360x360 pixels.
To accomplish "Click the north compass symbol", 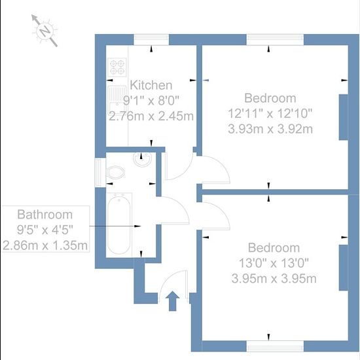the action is pos(45,31).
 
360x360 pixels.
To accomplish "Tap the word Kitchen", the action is pos(151,85).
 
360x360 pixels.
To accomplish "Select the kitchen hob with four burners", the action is pos(117,67).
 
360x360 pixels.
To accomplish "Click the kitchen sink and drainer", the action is pos(117,100).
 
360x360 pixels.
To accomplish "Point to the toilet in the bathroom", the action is pos(115,172).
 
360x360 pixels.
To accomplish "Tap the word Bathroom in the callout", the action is pos(45,215).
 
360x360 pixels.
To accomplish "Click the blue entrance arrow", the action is pos(172,301).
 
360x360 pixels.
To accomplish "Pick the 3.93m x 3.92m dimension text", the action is pos(270,129).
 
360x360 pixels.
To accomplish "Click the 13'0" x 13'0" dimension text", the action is pos(274,263).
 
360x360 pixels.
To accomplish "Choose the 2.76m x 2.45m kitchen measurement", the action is pos(151,116).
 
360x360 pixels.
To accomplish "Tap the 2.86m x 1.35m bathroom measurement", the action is pos(45,245).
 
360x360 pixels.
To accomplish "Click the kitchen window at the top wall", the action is pos(151,40).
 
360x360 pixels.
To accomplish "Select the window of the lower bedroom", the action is pos(275,346).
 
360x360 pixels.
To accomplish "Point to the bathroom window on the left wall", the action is pos(100,172).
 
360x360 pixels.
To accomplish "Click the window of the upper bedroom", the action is pos(275,40).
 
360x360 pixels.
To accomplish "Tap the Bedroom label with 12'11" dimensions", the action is pos(270,98).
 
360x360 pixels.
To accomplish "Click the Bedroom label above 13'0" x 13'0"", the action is pos(274,248).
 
